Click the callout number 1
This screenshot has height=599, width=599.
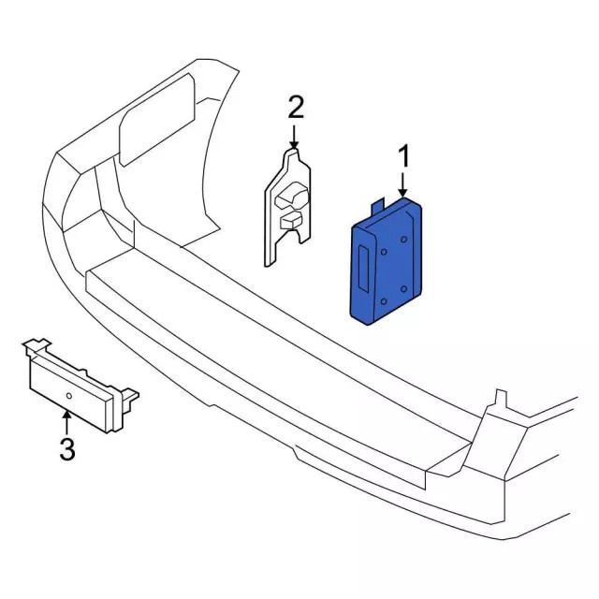[404, 154]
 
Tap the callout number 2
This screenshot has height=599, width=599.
[295, 107]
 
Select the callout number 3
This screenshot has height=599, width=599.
[66, 449]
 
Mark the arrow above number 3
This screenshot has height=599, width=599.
[66, 418]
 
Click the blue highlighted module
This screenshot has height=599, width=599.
[387, 267]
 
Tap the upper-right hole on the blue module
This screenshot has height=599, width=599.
[403, 240]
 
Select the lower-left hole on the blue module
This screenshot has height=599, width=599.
[383, 301]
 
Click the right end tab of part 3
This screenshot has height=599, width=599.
[130, 401]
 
